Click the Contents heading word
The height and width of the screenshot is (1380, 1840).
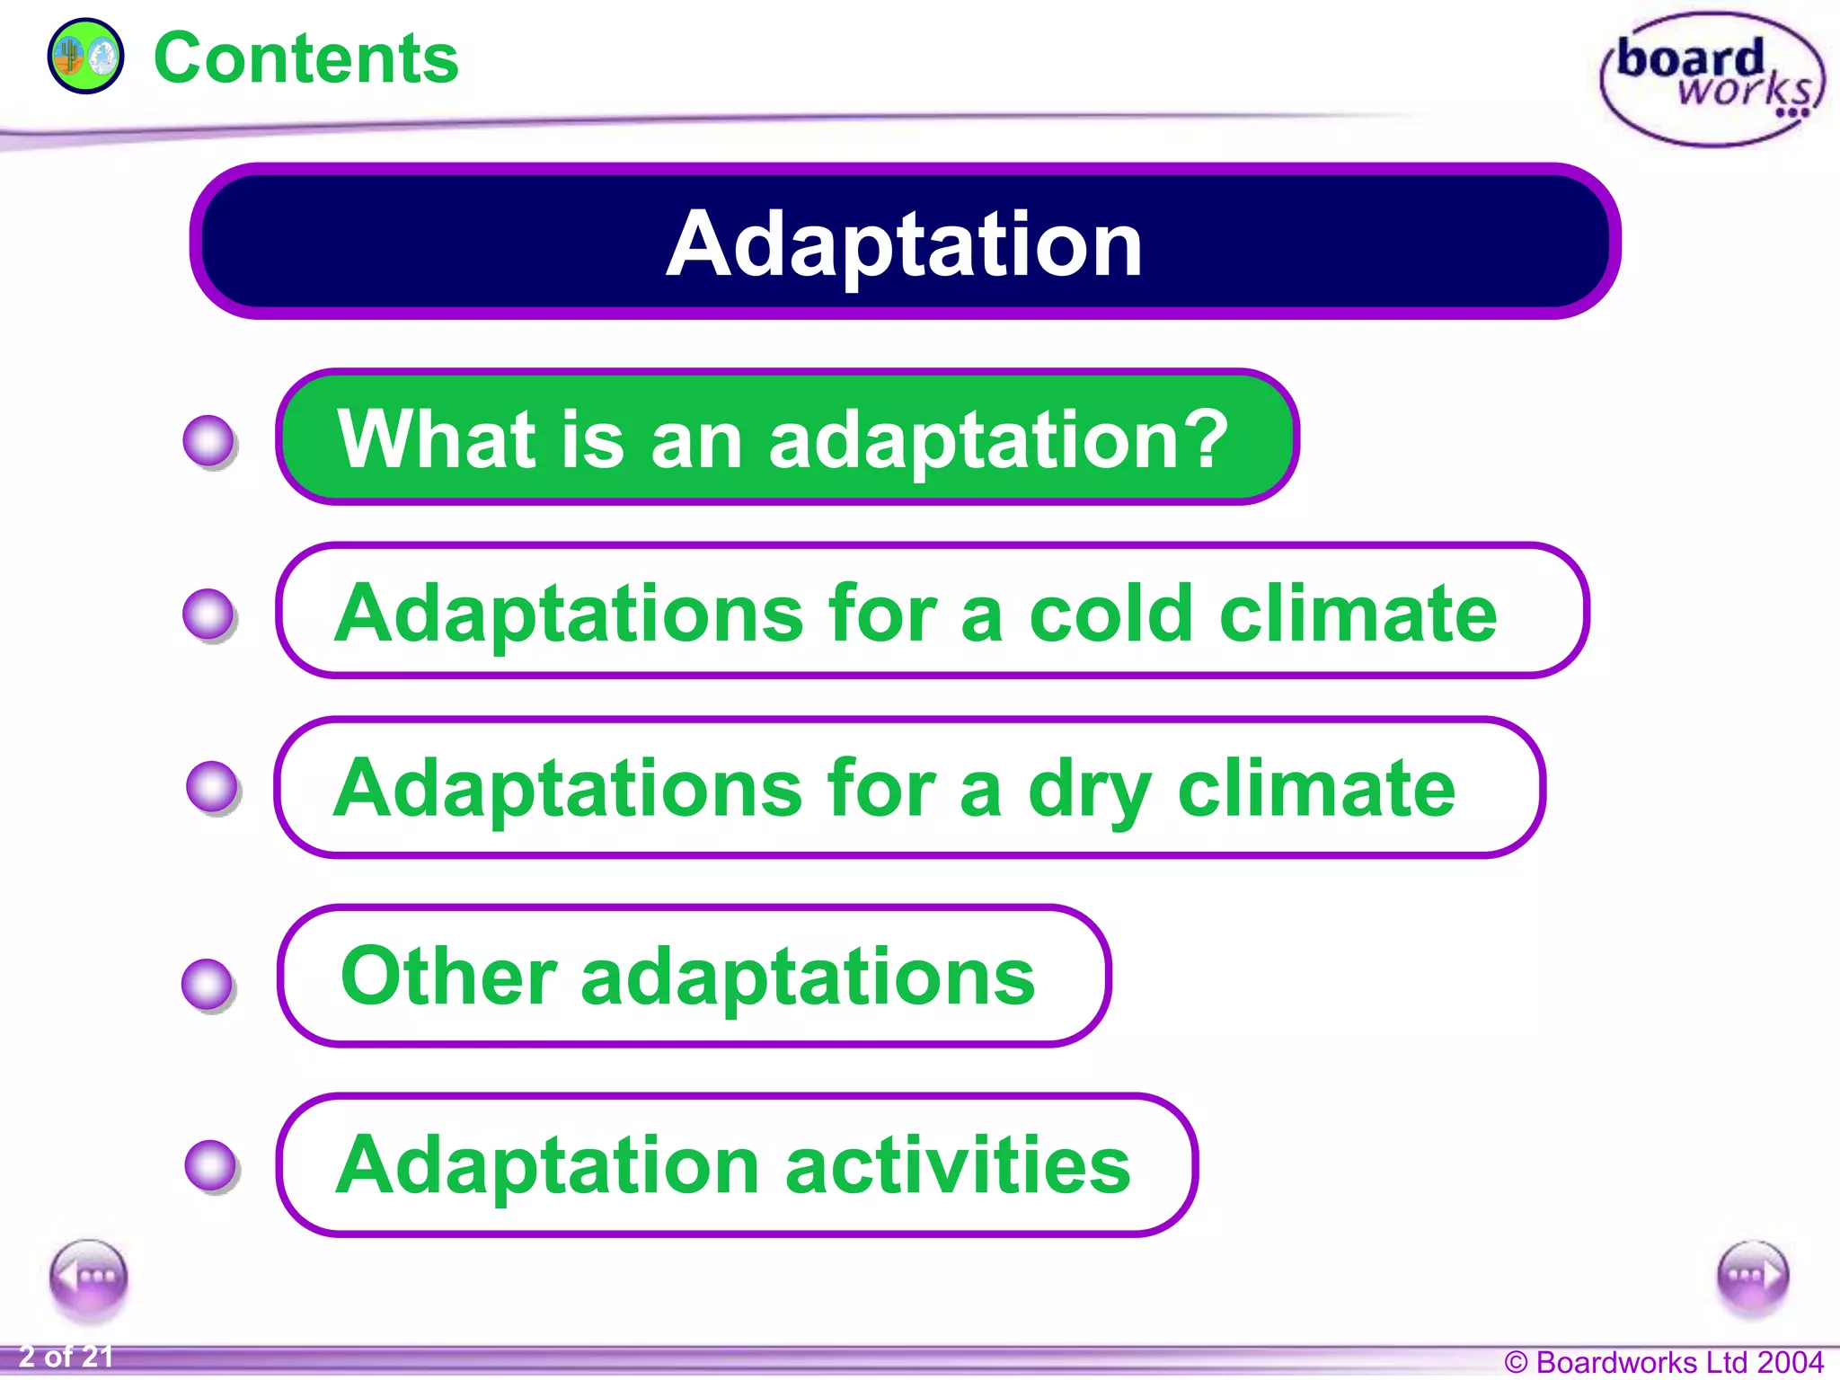[305, 58]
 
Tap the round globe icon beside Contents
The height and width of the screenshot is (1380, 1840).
[85, 57]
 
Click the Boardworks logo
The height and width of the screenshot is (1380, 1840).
[1712, 79]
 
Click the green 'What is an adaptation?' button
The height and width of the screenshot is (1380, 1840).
[786, 438]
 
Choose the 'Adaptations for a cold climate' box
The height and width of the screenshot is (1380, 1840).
[931, 612]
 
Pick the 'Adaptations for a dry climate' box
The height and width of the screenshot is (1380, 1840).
[909, 787]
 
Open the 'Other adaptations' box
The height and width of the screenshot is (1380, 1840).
[694, 976]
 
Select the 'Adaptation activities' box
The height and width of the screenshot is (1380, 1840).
[737, 1164]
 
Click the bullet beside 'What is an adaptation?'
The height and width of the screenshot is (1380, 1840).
[209, 441]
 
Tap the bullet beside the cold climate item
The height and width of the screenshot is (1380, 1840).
[209, 615]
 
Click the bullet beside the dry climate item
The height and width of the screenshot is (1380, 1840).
[213, 788]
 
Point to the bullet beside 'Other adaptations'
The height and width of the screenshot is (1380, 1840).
[208, 985]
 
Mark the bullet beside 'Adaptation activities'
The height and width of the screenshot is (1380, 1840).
[211, 1166]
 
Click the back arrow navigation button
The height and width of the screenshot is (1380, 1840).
[89, 1276]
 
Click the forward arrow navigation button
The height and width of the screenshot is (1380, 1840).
[1752, 1275]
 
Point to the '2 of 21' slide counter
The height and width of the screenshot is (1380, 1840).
[66, 1357]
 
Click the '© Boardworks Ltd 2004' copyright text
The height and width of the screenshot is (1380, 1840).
[1663, 1362]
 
